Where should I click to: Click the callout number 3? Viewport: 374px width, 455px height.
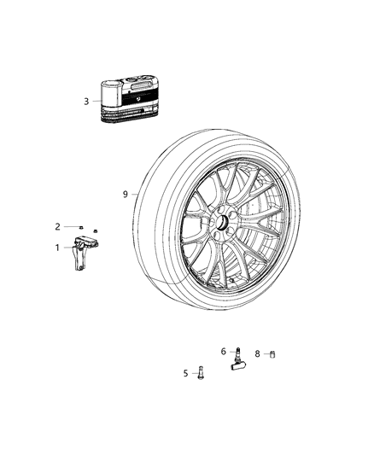(86, 102)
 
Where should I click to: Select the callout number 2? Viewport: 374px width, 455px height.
(58, 226)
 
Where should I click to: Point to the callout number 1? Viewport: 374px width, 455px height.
(58, 248)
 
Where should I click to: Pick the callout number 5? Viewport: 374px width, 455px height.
(185, 372)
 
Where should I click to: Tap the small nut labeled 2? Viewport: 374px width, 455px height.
(79, 227)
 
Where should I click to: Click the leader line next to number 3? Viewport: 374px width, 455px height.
(96, 102)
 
